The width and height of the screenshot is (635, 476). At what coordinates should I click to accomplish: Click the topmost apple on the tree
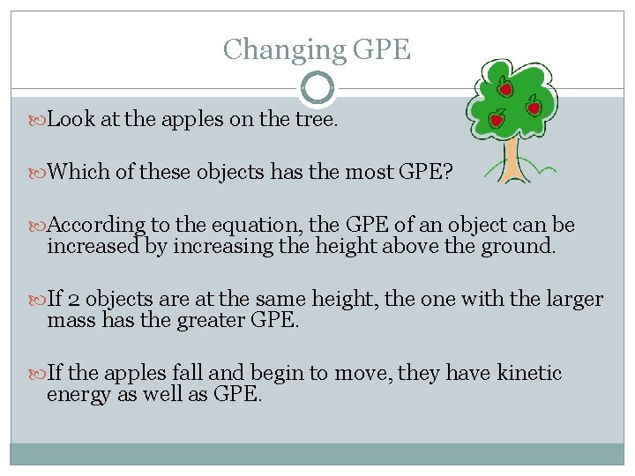point(506,87)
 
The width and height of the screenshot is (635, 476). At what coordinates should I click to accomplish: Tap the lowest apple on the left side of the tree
point(497,118)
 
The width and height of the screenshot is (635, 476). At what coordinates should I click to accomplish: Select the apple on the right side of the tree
point(534,108)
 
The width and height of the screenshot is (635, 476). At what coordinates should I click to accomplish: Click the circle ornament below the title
point(317,88)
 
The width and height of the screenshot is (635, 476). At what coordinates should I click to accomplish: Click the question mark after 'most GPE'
point(448,172)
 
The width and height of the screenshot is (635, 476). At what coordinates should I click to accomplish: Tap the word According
point(98,224)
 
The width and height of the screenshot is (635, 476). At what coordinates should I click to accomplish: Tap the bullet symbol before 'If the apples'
point(38,374)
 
